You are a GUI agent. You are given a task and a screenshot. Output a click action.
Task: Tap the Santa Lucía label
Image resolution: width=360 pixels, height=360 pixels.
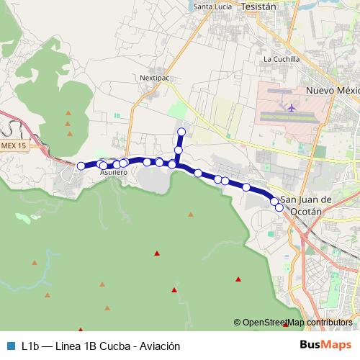tap(212, 7)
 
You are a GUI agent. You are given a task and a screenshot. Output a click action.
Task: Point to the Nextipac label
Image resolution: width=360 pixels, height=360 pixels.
tap(154, 75)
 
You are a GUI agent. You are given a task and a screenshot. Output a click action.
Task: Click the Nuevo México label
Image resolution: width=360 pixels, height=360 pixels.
tap(332, 91)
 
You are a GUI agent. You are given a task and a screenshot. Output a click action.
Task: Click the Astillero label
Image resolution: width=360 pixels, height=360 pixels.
tap(114, 173)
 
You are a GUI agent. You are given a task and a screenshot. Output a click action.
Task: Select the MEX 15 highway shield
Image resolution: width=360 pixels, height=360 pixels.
tap(12, 146)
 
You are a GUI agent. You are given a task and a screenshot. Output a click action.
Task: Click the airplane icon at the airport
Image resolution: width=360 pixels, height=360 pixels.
tap(292, 108)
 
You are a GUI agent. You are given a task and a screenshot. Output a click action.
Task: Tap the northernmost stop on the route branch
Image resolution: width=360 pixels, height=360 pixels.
tap(181, 131)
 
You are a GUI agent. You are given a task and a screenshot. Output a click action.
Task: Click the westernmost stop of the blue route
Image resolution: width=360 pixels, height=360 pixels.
tap(81, 166)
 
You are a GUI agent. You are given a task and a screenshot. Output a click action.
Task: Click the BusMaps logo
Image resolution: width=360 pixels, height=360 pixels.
tap(325, 345)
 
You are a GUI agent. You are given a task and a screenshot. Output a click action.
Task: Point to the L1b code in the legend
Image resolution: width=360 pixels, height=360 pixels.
tap(30, 346)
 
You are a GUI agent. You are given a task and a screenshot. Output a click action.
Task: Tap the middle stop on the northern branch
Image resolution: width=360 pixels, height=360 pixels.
tap(179, 150)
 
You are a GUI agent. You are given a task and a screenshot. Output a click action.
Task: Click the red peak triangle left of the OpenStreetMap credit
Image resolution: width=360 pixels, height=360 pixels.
tap(174, 290)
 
